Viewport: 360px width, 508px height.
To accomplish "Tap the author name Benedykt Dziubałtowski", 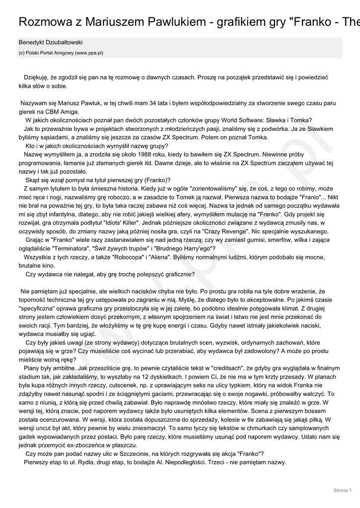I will pyautogui.click(x=51, y=43).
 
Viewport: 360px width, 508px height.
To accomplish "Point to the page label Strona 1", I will pyautogui.click(x=343, y=491).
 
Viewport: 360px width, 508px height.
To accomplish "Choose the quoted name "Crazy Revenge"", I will pyautogui.click(x=229, y=232).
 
